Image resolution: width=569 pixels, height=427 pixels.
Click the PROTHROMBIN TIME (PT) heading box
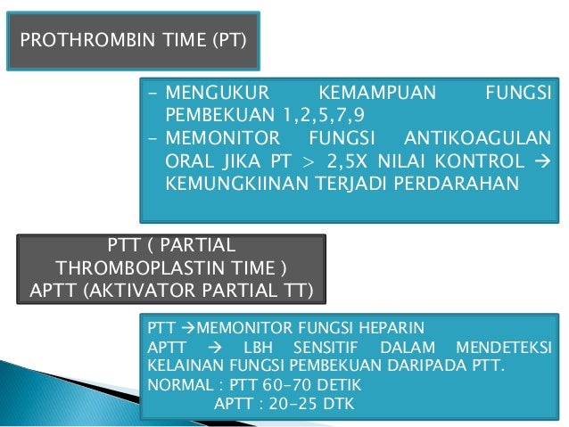click(135, 40)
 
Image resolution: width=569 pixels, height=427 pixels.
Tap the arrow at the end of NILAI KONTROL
click(543, 162)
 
